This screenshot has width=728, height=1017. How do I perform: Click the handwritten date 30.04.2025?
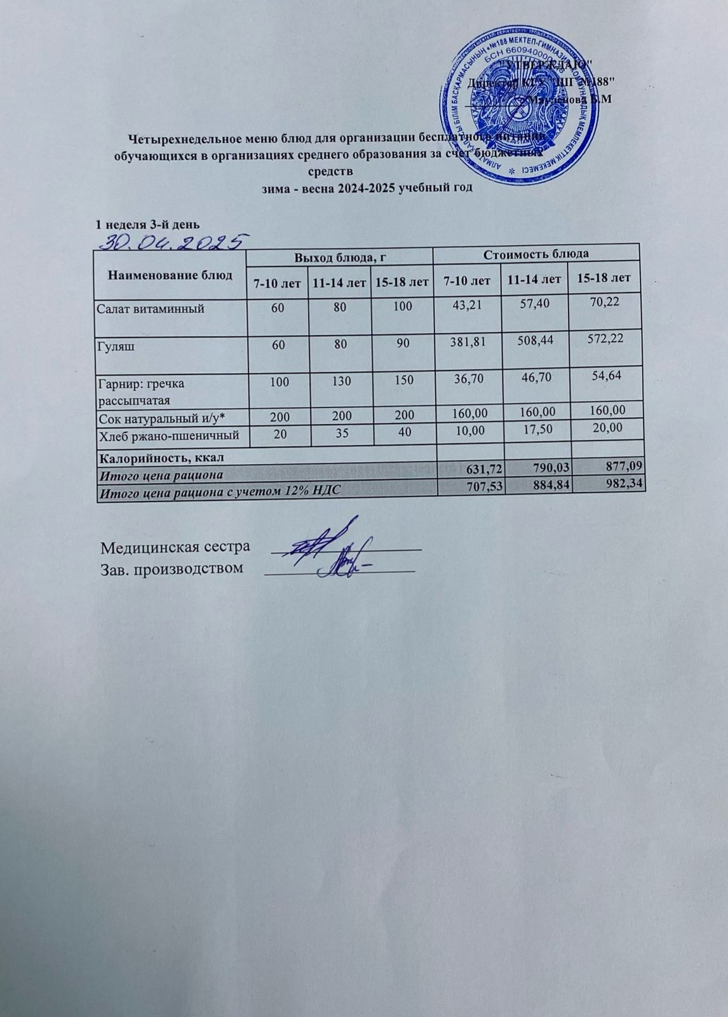click(x=171, y=240)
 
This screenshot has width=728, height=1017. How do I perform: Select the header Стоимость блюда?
click(x=536, y=254)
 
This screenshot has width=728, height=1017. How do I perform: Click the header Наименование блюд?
click(x=170, y=275)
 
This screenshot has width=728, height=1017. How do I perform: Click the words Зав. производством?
click(x=172, y=568)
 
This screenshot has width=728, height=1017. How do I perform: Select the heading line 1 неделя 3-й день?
click(x=147, y=224)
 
